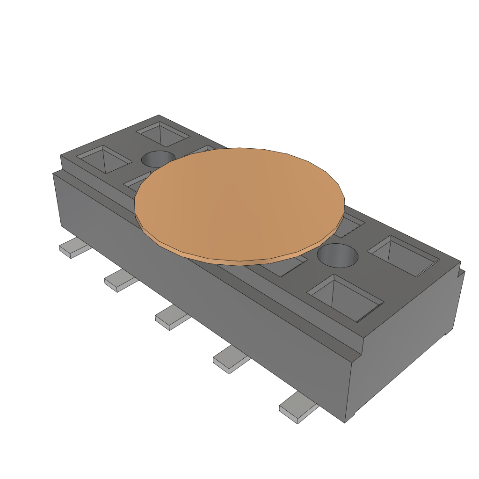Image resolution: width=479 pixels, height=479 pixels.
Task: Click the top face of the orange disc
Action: pyautogui.click(x=239, y=201)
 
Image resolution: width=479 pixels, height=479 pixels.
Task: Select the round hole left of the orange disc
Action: pyautogui.click(x=158, y=159)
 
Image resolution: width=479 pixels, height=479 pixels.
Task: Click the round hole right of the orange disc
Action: pyautogui.click(x=337, y=255)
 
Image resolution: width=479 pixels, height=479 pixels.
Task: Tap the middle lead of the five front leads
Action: pyautogui.click(x=171, y=320)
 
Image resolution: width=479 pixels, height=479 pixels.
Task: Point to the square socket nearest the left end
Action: pyautogui.click(x=104, y=159)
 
